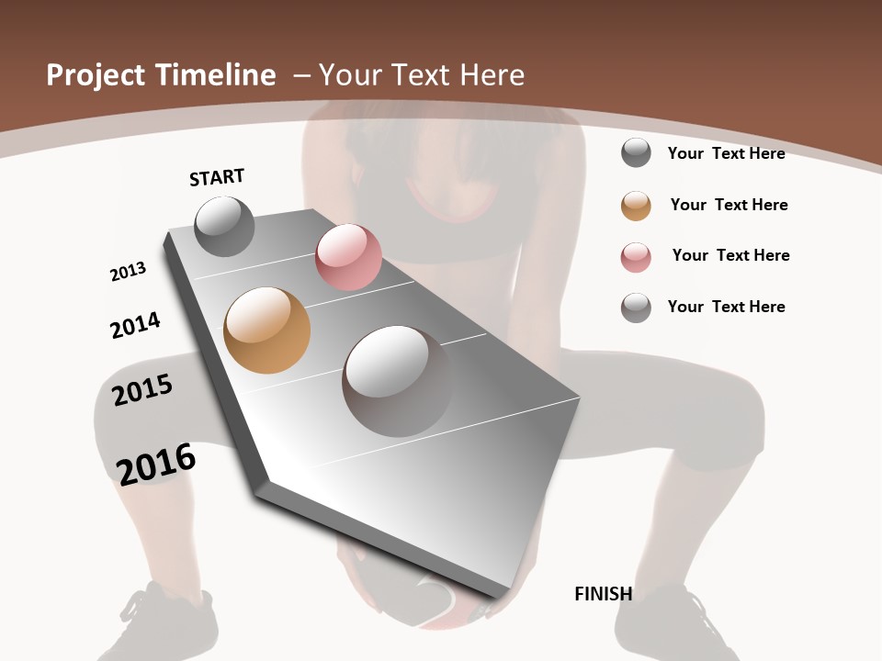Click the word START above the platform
[217, 177]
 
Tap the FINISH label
[603, 594]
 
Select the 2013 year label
[128, 272]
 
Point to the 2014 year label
[135, 325]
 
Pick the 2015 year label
[142, 390]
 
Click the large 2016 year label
[156, 464]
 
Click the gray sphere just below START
[224, 226]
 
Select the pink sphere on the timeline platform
[348, 257]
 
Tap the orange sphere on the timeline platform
[266, 330]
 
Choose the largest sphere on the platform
[397, 380]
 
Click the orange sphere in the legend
[636, 206]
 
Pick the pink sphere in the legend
[636, 257]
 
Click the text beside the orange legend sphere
[729, 205]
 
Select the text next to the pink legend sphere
[730, 255]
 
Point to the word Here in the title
[492, 75]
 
